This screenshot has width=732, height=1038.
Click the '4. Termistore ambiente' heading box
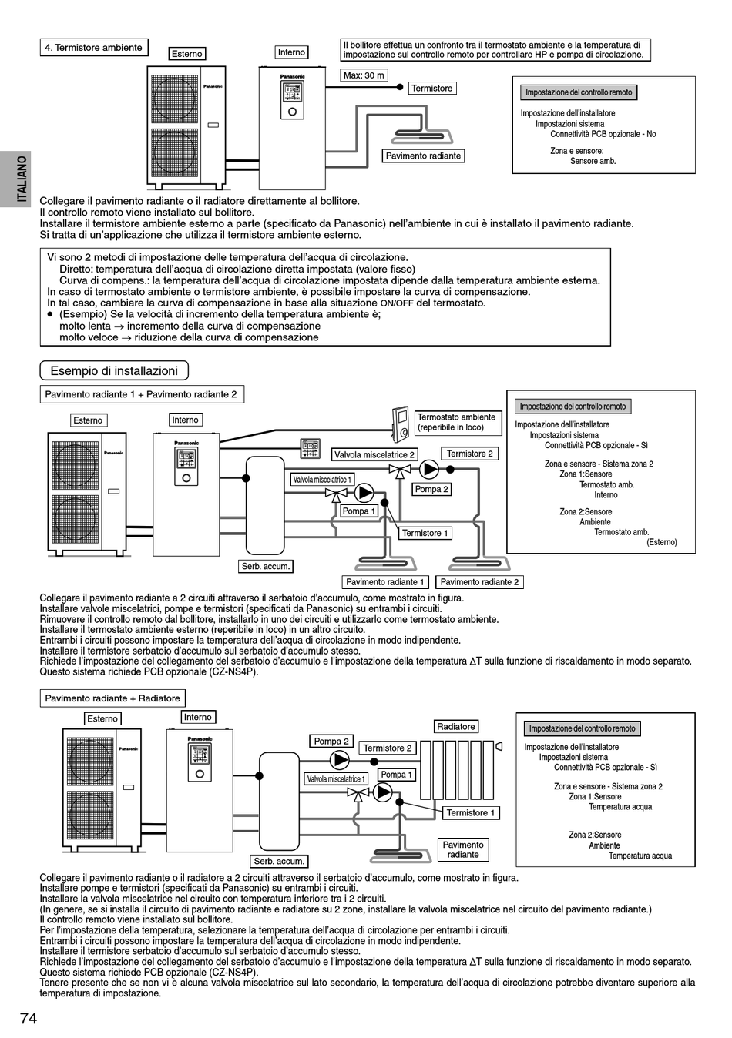93,48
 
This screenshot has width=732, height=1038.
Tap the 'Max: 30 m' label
364,75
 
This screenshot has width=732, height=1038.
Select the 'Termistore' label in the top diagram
431,89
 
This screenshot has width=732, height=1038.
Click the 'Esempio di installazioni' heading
114,371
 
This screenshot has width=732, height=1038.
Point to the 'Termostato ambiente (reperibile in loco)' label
456,422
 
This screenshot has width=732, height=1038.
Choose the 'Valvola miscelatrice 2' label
374,454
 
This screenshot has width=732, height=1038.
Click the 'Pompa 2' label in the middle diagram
431,489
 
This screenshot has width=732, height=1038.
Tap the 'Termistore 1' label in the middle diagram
425,533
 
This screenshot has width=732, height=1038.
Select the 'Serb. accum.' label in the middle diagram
266,566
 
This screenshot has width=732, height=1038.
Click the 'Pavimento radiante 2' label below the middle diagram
479,582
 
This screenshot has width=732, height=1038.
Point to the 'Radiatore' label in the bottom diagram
456,727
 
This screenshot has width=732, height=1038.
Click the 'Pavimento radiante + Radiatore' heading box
112,698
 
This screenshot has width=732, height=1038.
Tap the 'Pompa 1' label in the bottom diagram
396,775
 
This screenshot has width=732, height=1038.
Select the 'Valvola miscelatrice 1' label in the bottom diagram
336,779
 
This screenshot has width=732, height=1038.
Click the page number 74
29,1018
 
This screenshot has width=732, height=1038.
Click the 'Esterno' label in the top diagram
187,54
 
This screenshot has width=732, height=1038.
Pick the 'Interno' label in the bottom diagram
197,717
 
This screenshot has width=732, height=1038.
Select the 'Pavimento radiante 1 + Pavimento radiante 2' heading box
141,394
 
